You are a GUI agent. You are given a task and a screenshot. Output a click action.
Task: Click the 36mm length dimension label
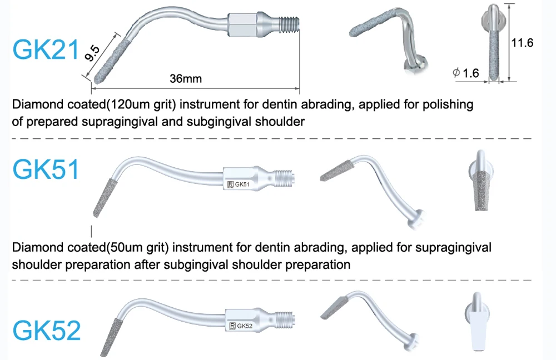pos(186,78)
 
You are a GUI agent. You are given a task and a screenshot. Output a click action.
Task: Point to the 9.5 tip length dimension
pos(92,54)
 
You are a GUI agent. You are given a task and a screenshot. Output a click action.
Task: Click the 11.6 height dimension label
pos(522,42)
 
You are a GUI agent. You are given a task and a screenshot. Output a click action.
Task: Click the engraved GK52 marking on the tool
pos(245,326)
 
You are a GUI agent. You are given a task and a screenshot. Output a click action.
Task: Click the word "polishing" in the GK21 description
pos(445,104)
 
